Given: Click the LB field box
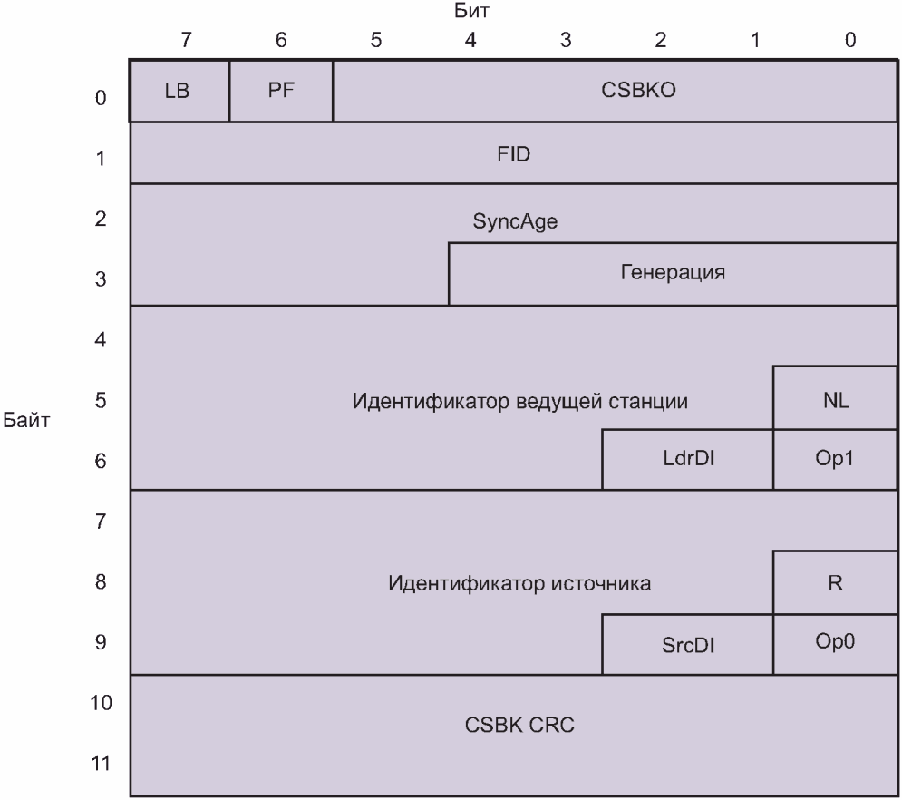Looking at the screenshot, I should [179, 91].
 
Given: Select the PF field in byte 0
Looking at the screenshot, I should [281, 91].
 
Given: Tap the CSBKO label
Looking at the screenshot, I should [615, 91].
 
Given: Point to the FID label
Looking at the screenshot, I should [513, 153].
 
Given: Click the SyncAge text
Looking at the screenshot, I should [513, 223].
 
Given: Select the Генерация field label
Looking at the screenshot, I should [673, 273].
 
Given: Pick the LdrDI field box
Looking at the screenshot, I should [687, 460].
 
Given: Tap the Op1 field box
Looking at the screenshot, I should [835, 460].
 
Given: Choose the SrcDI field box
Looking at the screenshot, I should [687, 644].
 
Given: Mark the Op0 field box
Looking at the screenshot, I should [835, 643].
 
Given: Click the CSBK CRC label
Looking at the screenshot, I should [513, 726].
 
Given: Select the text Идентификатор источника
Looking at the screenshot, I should [519, 583].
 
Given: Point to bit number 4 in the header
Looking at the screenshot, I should [470, 40].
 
